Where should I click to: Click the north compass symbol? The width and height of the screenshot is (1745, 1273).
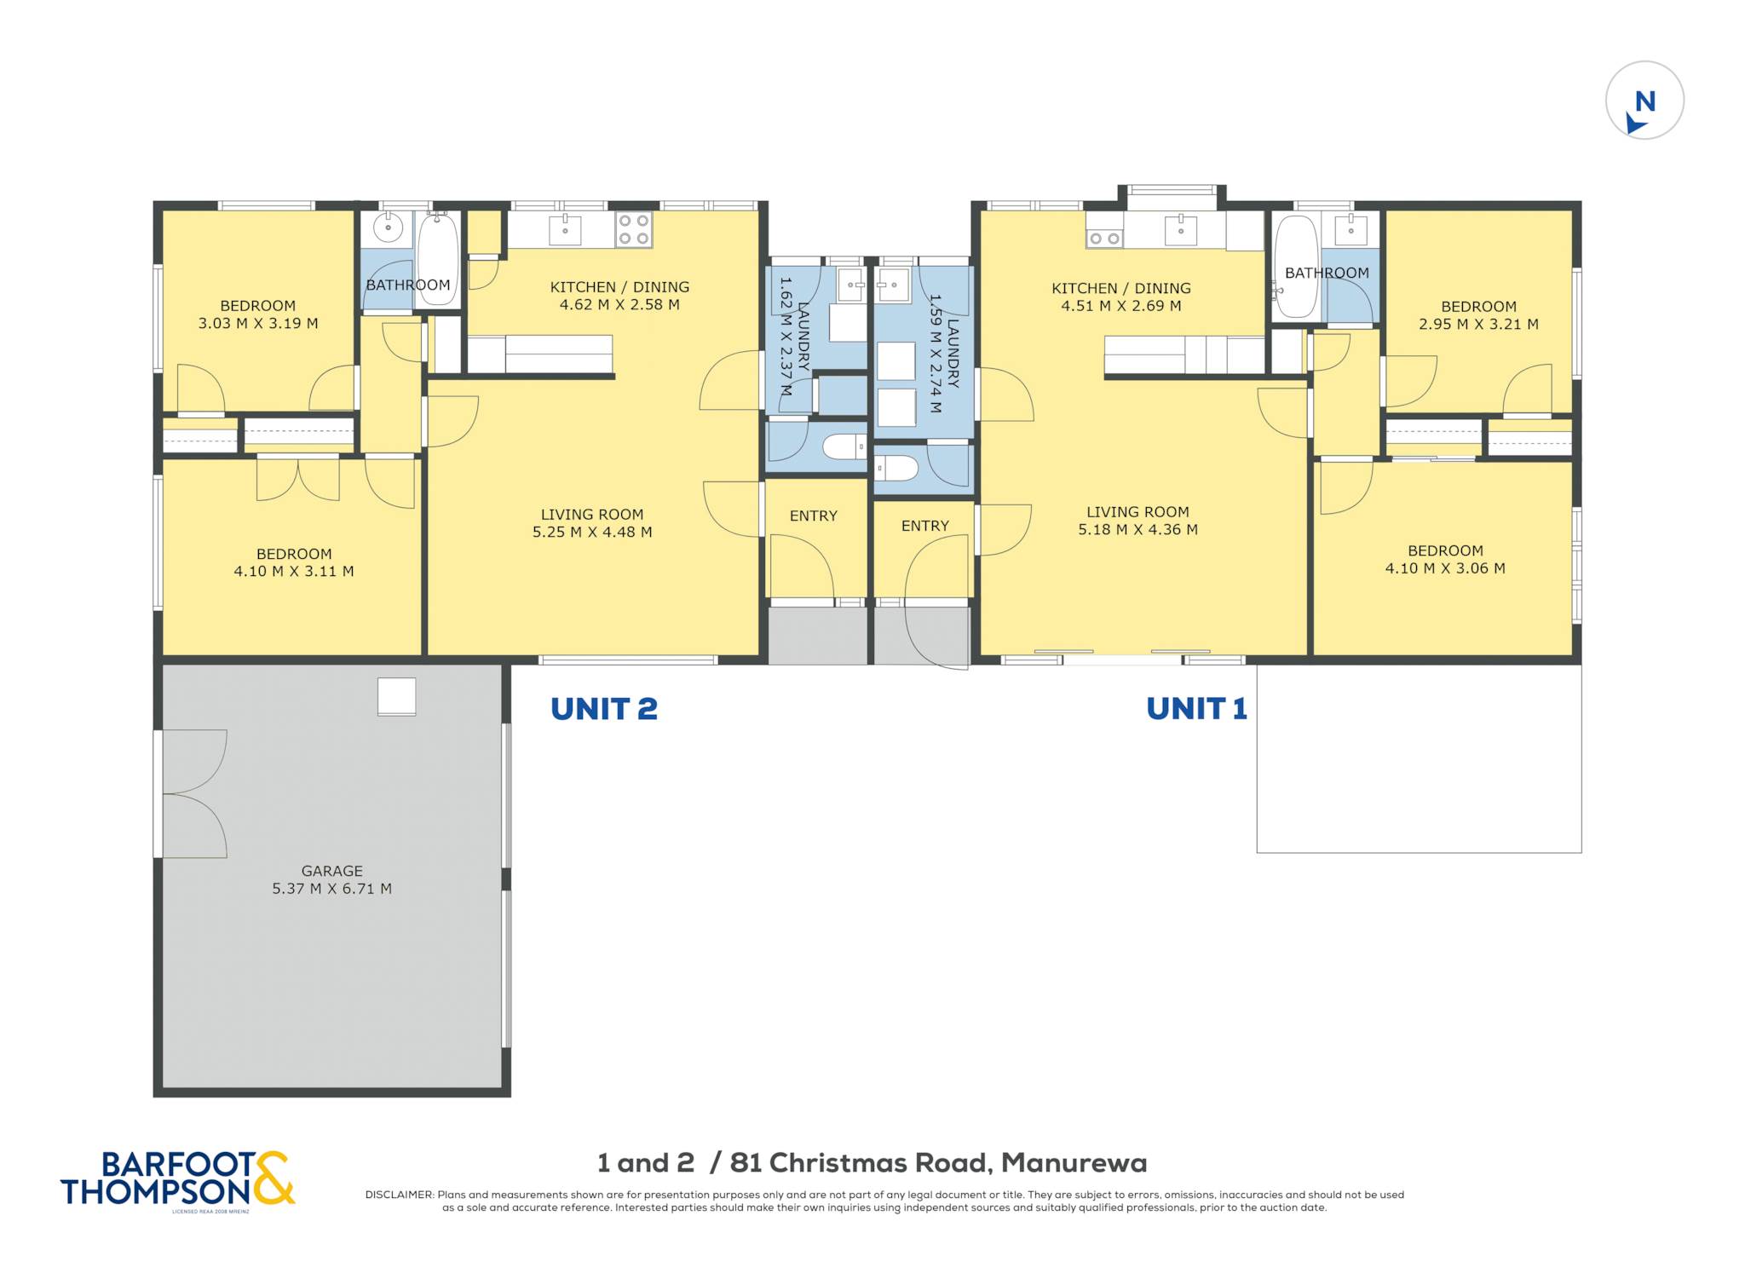(x=1644, y=101)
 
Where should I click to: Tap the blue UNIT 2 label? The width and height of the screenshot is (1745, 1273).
(x=603, y=709)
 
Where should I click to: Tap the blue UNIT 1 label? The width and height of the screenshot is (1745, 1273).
(x=1196, y=708)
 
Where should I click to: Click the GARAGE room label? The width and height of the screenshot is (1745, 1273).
(x=331, y=871)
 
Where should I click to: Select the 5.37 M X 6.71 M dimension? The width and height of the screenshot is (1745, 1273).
(x=331, y=889)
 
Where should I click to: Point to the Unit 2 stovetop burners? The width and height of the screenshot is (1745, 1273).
(x=634, y=229)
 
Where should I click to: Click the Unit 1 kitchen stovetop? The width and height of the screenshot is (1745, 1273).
(x=1104, y=239)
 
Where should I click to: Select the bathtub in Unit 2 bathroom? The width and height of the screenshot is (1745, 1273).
(x=438, y=259)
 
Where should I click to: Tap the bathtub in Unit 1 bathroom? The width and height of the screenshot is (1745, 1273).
(x=1296, y=266)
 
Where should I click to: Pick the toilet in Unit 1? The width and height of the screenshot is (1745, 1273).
(x=896, y=468)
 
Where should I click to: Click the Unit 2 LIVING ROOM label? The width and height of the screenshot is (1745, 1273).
(x=591, y=515)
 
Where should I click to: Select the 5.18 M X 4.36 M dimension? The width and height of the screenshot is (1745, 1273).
(x=1137, y=530)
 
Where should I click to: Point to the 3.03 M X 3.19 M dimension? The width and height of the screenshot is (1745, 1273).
(x=258, y=324)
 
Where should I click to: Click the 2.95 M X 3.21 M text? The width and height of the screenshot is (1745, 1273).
(x=1478, y=325)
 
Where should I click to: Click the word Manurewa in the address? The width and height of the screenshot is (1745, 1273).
(x=1074, y=1163)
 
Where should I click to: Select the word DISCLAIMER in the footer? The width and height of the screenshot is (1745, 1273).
(x=399, y=1195)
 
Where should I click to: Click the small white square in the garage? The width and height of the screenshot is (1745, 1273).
(x=397, y=696)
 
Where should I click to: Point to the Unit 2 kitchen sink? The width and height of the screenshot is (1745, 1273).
(x=565, y=230)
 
